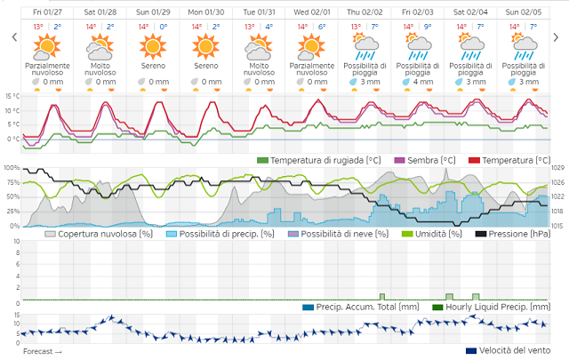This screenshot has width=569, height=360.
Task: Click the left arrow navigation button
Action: click(x=13, y=37)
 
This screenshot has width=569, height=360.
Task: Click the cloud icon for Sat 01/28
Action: click(x=99, y=44)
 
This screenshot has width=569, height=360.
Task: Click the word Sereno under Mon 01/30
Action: click(x=205, y=66)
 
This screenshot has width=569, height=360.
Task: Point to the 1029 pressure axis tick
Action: click(x=558, y=168)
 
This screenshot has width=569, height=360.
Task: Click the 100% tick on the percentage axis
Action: click(x=10, y=168)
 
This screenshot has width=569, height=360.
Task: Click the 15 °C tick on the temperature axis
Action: click(x=12, y=96)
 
